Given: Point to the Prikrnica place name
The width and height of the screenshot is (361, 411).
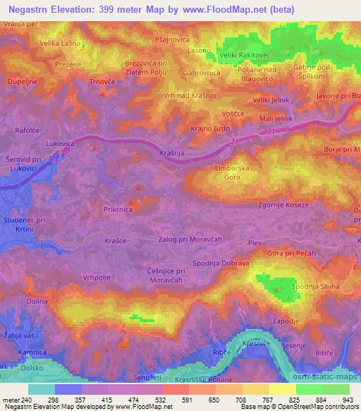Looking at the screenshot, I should click(120, 210).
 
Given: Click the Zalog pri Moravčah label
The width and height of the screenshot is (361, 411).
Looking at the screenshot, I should click(190, 239).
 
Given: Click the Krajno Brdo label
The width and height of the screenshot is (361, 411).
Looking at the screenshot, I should click(211, 129).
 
